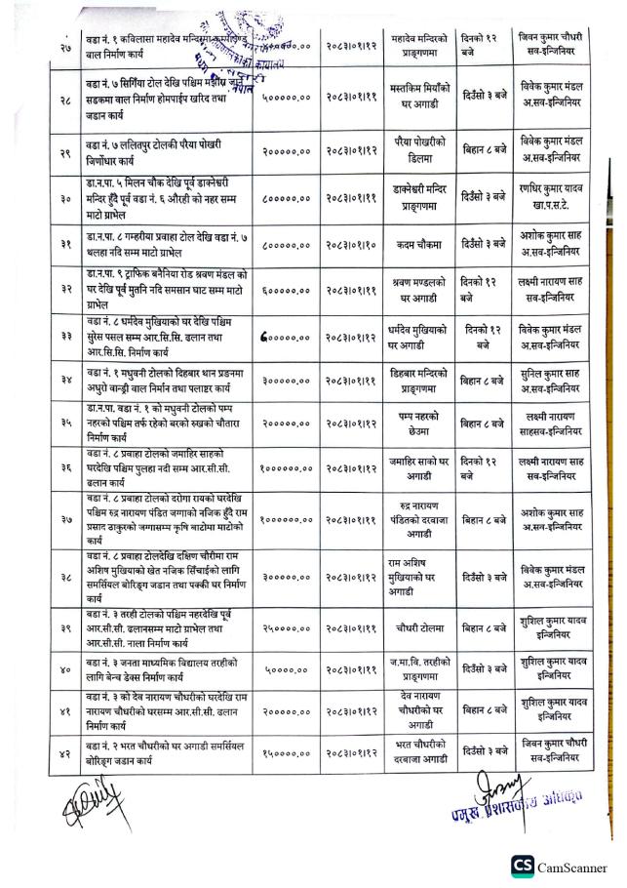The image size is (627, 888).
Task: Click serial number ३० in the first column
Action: pos(67,197)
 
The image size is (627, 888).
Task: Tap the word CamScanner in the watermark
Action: pos(575,865)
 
